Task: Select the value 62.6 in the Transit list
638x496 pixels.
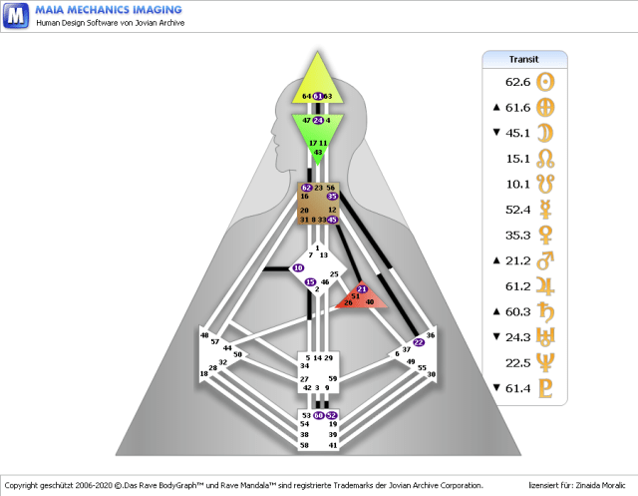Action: (x=518, y=82)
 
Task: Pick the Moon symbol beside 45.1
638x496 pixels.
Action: (x=545, y=133)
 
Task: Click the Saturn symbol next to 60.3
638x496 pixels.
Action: (x=545, y=312)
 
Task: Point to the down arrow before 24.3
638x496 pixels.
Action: (x=496, y=336)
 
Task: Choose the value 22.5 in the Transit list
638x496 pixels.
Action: (x=518, y=362)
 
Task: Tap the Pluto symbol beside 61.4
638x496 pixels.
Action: (x=545, y=388)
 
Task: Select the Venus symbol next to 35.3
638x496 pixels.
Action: (x=545, y=236)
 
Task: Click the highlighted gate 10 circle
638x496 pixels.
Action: (x=298, y=268)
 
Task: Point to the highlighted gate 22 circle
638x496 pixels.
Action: (x=419, y=342)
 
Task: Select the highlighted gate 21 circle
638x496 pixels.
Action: (x=362, y=288)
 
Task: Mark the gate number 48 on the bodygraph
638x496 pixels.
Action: (x=205, y=335)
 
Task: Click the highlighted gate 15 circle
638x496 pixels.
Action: (x=311, y=282)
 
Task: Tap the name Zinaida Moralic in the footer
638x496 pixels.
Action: (x=597, y=484)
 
